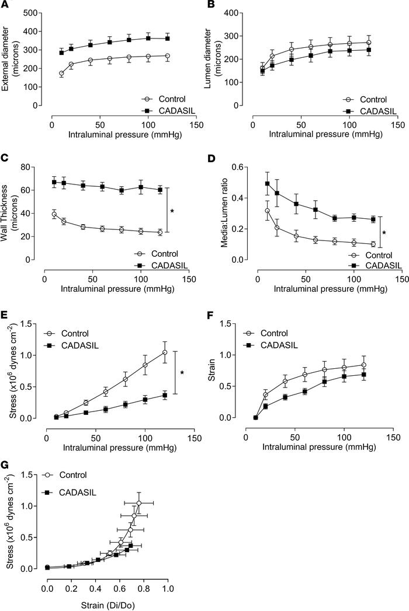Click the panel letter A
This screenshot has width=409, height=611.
point(5,5)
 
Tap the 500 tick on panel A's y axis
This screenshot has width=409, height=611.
point(33,13)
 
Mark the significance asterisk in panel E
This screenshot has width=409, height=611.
point(182,372)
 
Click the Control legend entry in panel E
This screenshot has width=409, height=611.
point(85,333)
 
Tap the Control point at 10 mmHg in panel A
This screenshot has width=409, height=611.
point(61,74)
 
